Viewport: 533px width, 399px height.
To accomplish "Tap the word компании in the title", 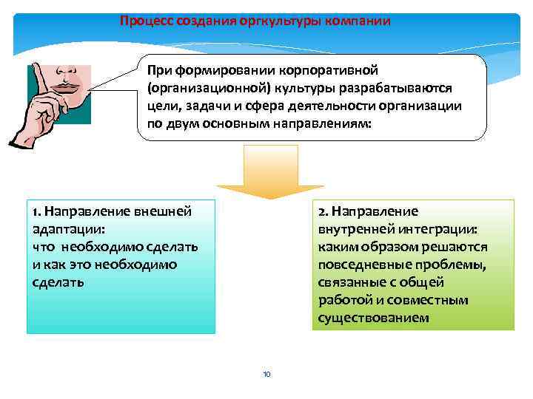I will pos(354,21).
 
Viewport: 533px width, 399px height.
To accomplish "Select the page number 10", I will pos(266,375).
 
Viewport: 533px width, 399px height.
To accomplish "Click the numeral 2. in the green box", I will pos(323,212).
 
